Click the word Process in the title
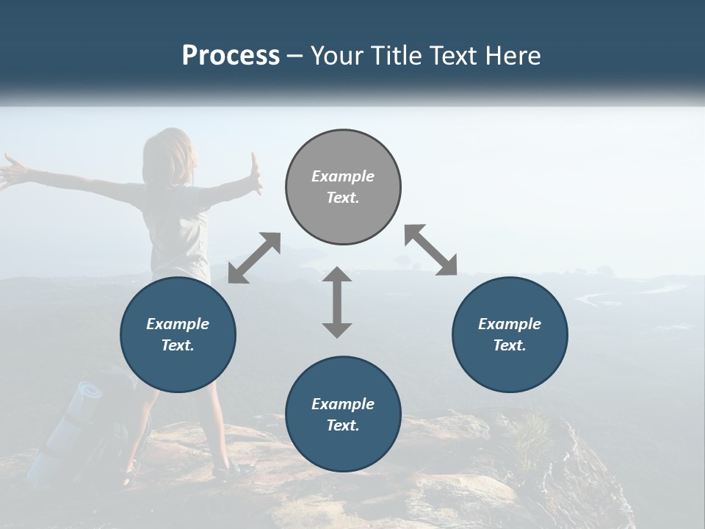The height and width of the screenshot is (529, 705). tap(231, 56)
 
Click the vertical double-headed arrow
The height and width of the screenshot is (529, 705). tap(337, 302)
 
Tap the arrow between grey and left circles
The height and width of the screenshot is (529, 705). tap(254, 258)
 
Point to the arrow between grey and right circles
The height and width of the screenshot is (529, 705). tap(431, 251)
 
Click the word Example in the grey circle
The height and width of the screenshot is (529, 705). tap(343, 176)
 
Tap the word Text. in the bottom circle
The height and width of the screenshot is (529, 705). tap(343, 425)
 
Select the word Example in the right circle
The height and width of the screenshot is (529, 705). tap(510, 324)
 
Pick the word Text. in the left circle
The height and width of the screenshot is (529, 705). tap(178, 345)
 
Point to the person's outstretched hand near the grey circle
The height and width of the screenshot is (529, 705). tap(255, 173)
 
